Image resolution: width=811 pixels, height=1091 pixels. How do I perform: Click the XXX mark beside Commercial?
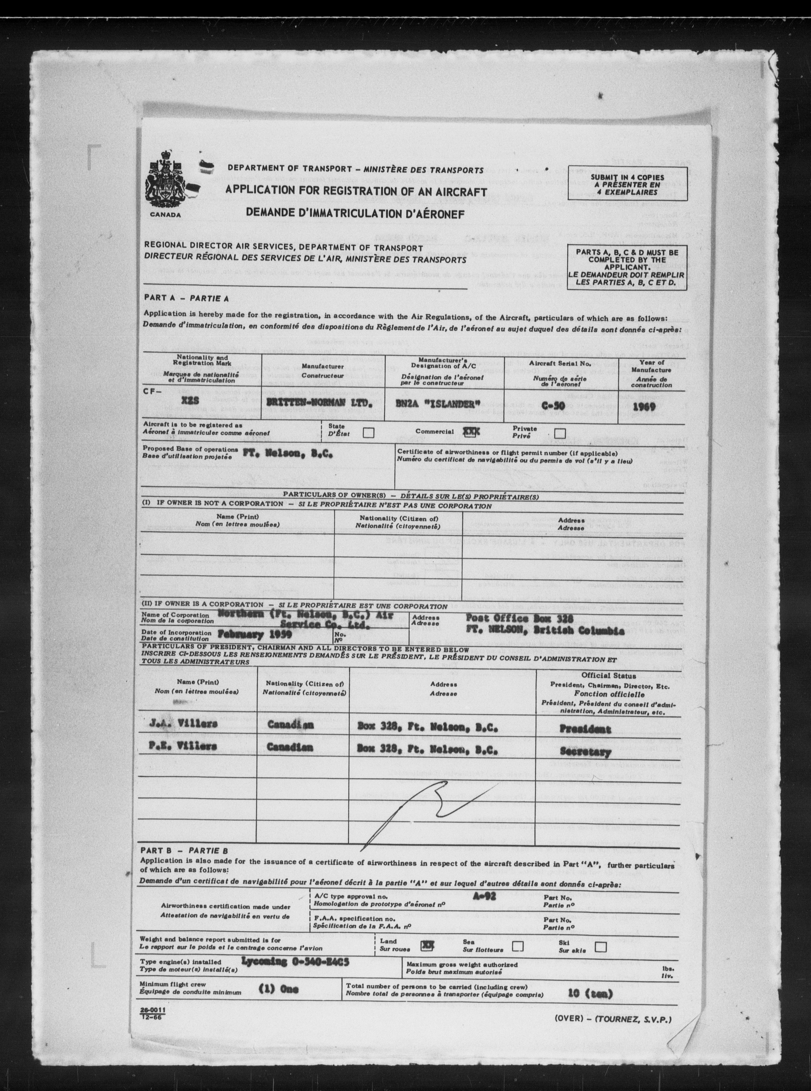point(471,431)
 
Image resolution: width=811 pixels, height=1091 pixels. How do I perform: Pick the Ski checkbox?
point(600,946)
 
